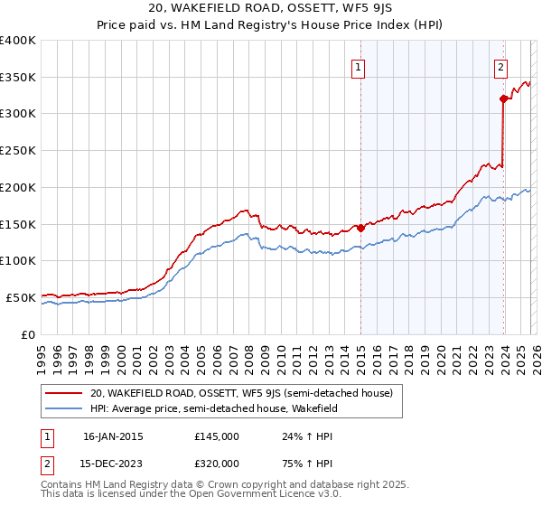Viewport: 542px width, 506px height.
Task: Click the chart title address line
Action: click(x=271, y=10)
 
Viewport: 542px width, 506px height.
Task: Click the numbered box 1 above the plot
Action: click(x=359, y=66)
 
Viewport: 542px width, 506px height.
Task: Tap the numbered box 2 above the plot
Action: click(x=500, y=66)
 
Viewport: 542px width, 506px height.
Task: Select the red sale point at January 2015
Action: click(x=360, y=228)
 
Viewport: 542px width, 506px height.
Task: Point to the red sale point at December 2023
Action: click(x=503, y=99)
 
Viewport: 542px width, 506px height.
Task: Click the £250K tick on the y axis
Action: click(x=18, y=151)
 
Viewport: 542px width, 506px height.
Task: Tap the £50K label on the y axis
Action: click(x=21, y=297)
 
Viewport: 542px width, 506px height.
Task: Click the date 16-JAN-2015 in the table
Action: click(x=113, y=436)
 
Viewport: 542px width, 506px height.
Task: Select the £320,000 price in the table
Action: click(x=217, y=464)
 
